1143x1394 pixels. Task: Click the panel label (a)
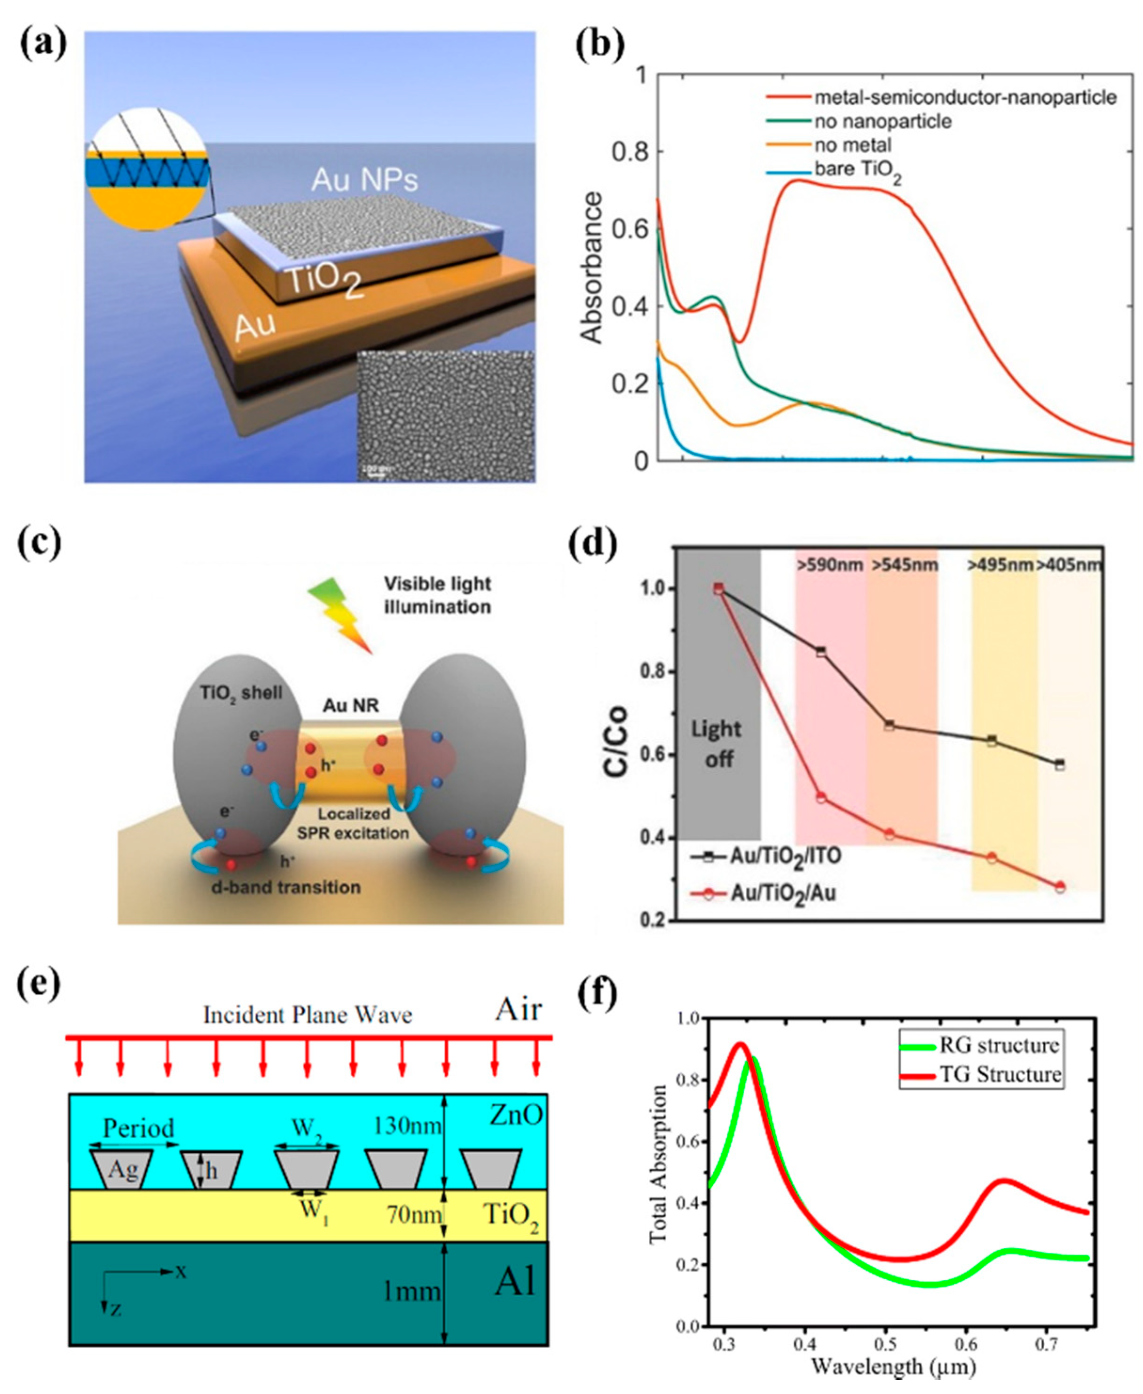[43, 45]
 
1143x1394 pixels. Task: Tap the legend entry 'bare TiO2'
[857, 171]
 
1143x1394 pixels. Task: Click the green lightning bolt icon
[341, 613]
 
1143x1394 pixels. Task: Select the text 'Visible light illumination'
[437, 595]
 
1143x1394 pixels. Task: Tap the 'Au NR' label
[350, 705]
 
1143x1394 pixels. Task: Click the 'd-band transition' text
[286, 887]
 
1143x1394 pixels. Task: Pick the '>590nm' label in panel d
[829, 564]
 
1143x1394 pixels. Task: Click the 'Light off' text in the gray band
[717, 744]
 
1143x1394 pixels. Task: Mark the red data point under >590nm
[821, 798]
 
